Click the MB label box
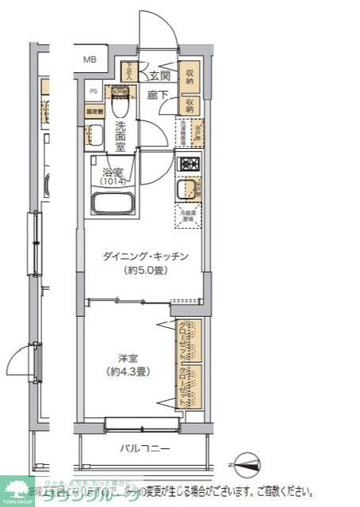(90, 59)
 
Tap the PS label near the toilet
(94, 90)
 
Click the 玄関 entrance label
(159, 76)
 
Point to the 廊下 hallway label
(157, 95)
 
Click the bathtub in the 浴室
(115, 204)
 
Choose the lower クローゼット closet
(190, 386)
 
